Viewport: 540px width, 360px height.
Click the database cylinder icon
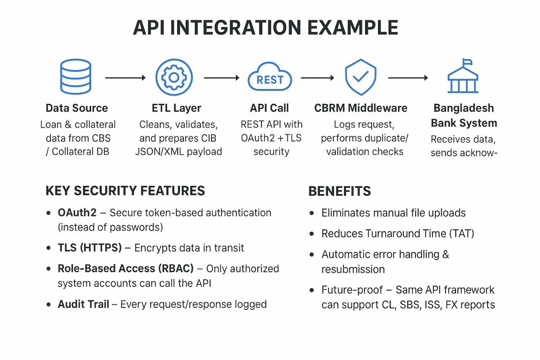point(76,76)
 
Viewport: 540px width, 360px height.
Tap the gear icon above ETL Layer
point(174,77)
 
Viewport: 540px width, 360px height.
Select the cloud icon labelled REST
point(270,77)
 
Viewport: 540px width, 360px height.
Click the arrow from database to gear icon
point(125,78)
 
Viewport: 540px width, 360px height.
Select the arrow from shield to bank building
point(408,78)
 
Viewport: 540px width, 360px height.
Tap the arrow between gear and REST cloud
point(221,78)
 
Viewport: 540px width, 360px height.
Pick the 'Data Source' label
point(77,108)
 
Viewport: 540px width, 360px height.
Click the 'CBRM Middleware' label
point(361,108)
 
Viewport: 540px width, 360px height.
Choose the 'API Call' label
point(269,108)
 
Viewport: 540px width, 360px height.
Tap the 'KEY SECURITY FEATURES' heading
point(125,191)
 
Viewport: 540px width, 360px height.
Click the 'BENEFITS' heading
point(340,191)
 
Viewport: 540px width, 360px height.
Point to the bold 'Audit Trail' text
point(84,304)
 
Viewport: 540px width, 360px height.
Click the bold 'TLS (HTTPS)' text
point(90,248)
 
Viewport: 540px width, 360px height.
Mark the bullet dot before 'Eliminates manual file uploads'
point(312,213)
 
